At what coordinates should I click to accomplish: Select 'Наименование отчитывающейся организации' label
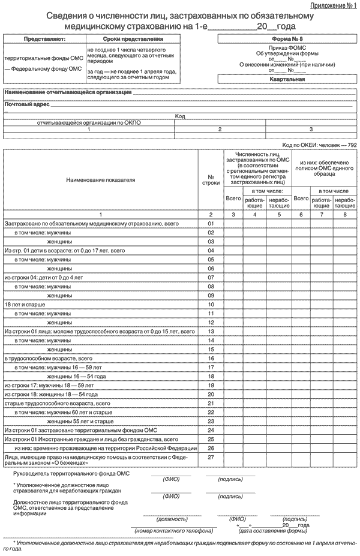click(68, 92)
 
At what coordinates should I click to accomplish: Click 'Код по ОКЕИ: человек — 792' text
click(319, 146)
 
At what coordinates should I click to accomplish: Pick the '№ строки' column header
click(211, 179)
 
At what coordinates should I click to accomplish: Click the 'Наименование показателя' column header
click(101, 179)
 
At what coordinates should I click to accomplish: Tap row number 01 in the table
click(211, 223)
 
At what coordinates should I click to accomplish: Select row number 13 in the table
click(211, 331)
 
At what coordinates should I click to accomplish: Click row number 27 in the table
click(211, 458)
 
